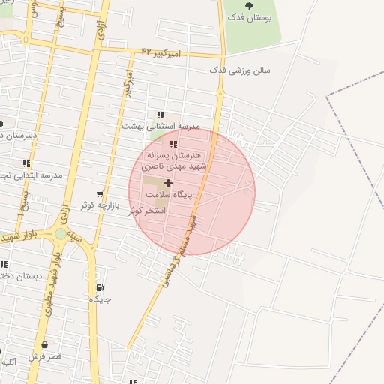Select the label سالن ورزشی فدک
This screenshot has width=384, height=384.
tap(240, 70)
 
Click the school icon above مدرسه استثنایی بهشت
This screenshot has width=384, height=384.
tap(160, 115)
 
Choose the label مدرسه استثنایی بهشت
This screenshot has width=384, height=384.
tap(160, 127)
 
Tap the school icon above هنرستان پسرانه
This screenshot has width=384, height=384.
tap(173, 144)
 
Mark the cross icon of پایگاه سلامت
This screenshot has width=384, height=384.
tap(168, 183)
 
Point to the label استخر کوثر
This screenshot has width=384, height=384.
tap(145, 211)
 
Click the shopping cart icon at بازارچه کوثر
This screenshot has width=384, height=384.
tap(100, 194)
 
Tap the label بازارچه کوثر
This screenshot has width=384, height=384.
tap(102, 205)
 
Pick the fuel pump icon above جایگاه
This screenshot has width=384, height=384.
tap(100, 287)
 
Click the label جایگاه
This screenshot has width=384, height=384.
tap(100, 298)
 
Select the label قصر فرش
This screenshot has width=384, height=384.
tap(46, 355)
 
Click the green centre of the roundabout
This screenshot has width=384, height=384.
tap(60, 234)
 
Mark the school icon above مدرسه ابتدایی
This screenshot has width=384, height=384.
tap(27, 163)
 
